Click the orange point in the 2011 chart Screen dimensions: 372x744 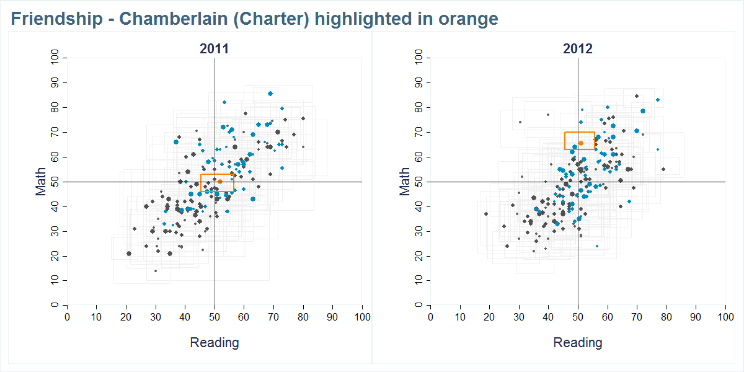pyautogui.click(x=220, y=182)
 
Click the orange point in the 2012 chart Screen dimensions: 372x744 pyautogui.click(x=581, y=143)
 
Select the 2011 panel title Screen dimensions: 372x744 pyautogui.click(x=214, y=49)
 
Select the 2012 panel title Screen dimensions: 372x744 pyautogui.click(x=577, y=49)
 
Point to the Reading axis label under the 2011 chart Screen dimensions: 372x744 pyautogui.click(x=214, y=343)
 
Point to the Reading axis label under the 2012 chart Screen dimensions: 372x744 pyautogui.click(x=577, y=343)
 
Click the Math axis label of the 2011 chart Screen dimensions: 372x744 pyautogui.click(x=42, y=182)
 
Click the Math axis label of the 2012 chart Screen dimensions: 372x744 pyautogui.click(x=405, y=182)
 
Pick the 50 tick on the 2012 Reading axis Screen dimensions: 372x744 pyautogui.click(x=578, y=317)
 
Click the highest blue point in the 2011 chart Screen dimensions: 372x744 pyautogui.click(x=270, y=94)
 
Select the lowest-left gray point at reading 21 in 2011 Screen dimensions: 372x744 pyautogui.click(x=129, y=254)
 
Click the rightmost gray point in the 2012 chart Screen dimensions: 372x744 pyautogui.click(x=663, y=169)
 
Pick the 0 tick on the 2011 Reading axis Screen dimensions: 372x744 pyautogui.click(x=67, y=317)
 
